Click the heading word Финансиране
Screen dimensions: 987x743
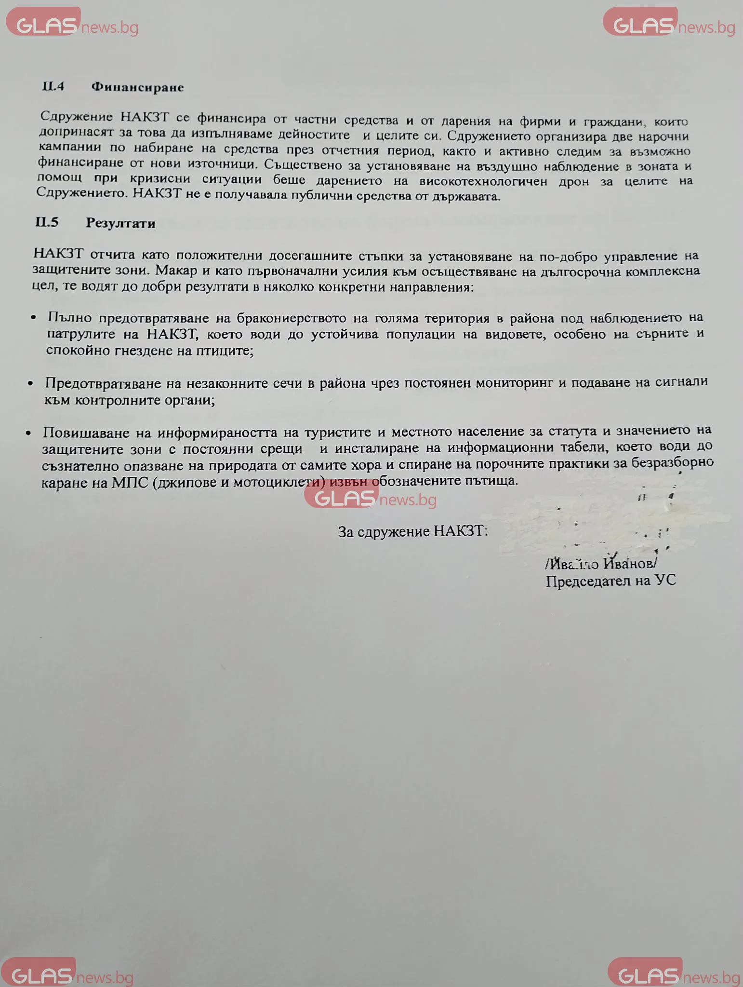pyautogui.click(x=137, y=87)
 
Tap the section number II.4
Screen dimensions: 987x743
pyautogui.click(x=53, y=86)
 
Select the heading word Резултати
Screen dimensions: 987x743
pyautogui.click(x=120, y=223)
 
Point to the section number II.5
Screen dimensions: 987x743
pyautogui.click(x=47, y=222)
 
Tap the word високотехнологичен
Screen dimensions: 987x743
pyautogui.click(x=483, y=182)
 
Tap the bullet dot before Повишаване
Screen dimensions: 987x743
pyautogui.click(x=29, y=433)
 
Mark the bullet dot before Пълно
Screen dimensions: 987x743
pyautogui.click(x=33, y=318)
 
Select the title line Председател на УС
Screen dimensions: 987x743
pyautogui.click(x=610, y=581)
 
